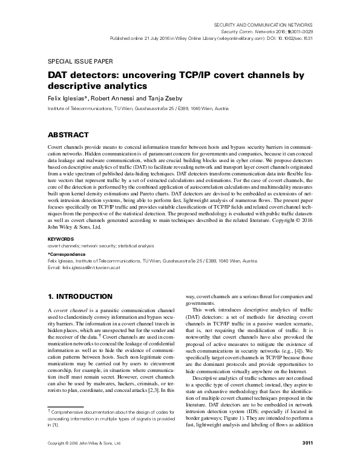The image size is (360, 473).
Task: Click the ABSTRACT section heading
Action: pos(68,134)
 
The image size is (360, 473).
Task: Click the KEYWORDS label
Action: pos(61,240)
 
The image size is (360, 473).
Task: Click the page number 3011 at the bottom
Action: pos(306,460)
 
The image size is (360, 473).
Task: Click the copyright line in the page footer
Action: pos(84,460)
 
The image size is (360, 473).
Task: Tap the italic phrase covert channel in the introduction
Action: pos(72,310)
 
